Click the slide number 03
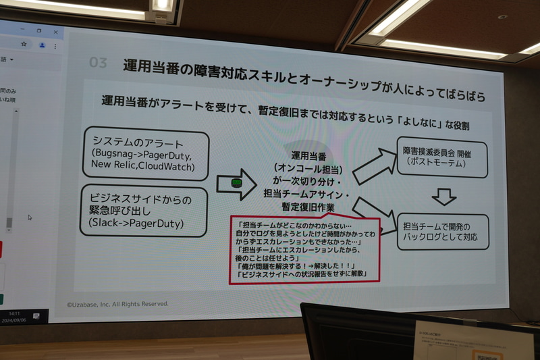pos(99,63)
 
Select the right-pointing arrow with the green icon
pos(236,184)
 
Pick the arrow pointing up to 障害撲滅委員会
pos(375,165)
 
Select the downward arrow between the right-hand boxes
pos(443,196)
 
